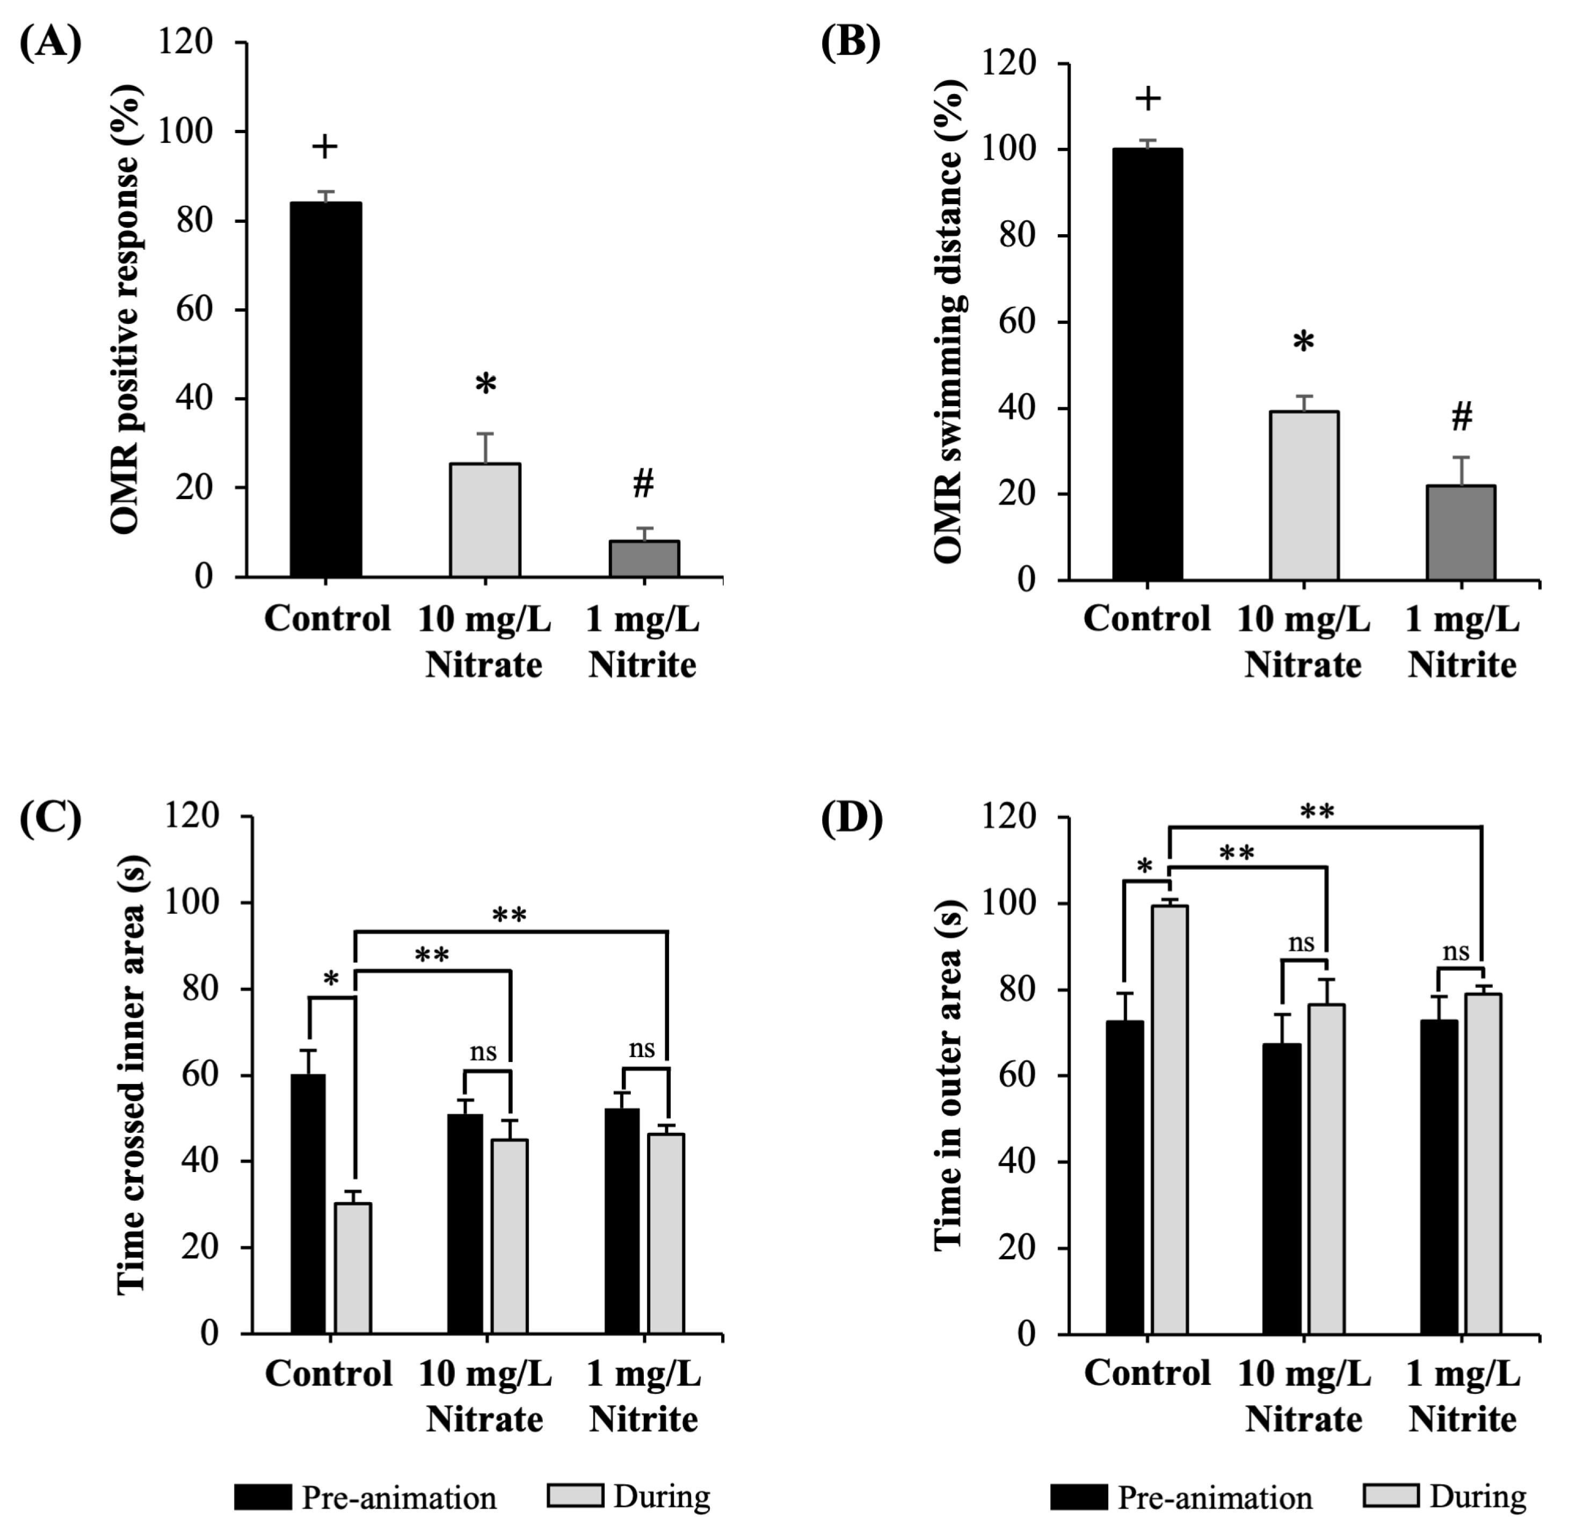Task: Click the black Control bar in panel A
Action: click(x=326, y=389)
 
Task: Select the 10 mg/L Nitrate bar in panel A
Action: click(x=484, y=520)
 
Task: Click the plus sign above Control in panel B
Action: click(x=1148, y=99)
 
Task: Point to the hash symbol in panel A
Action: click(x=643, y=483)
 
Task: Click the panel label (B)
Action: click(x=851, y=44)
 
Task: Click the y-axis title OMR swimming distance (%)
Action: click(x=949, y=322)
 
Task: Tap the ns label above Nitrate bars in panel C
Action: click(x=483, y=1052)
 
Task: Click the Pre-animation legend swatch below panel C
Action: click(x=263, y=1498)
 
